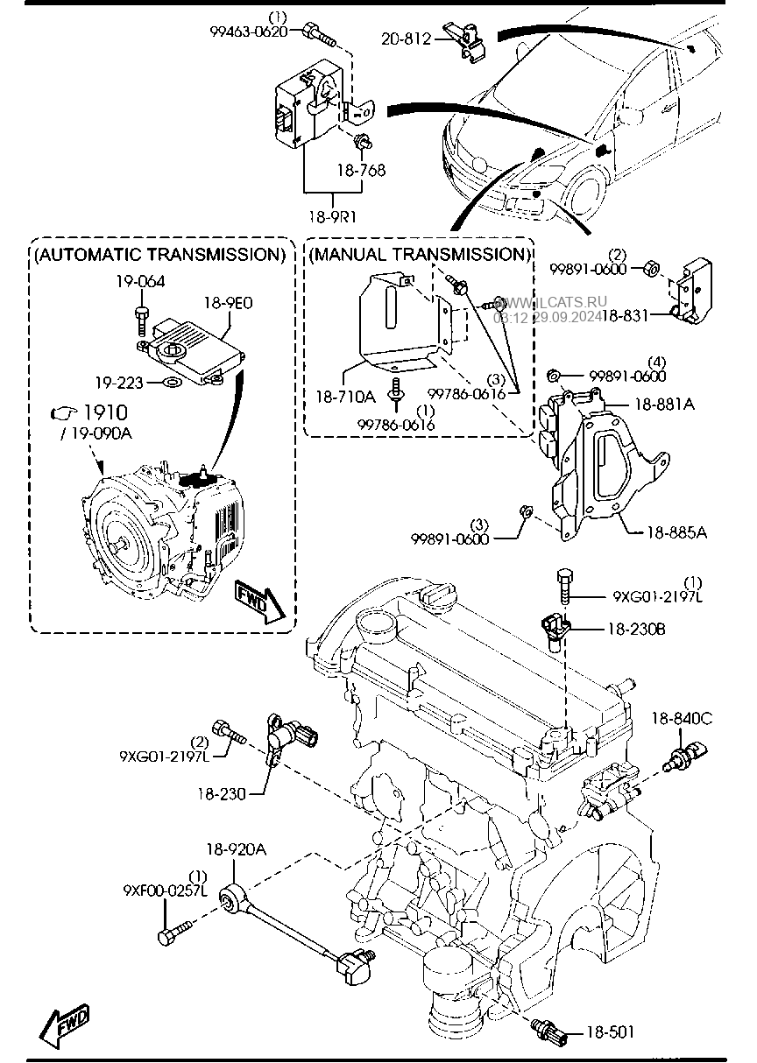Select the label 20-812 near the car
pos(407,38)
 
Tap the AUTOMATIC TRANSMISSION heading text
pos(160,255)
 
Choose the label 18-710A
pos(345,397)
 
